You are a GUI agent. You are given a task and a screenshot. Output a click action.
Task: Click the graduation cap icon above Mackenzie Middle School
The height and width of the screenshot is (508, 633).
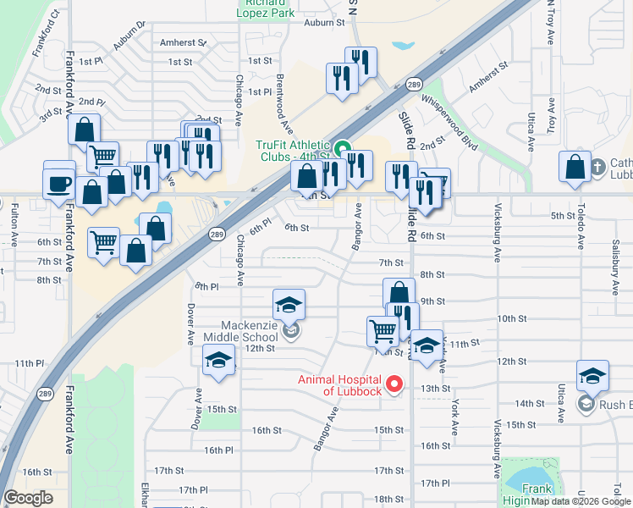coord(289,304)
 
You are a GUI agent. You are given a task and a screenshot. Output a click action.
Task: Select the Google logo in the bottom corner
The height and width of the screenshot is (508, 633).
coord(28,498)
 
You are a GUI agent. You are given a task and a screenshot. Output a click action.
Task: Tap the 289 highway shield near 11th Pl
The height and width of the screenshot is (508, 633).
coord(43,394)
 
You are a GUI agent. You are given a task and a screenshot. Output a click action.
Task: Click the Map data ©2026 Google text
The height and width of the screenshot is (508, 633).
coord(580,501)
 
